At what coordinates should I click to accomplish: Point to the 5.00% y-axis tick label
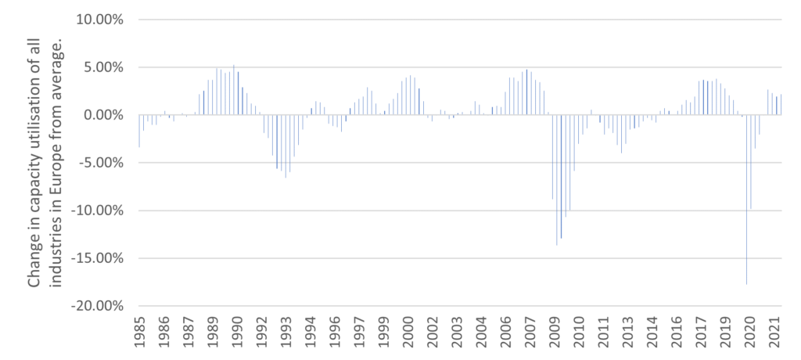click(x=102, y=67)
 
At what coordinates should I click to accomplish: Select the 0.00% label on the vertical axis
click(x=102, y=115)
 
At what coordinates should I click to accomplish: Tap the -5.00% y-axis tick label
click(x=99, y=163)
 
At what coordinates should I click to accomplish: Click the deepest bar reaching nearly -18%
click(x=746, y=235)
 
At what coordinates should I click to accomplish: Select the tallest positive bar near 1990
click(x=234, y=90)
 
